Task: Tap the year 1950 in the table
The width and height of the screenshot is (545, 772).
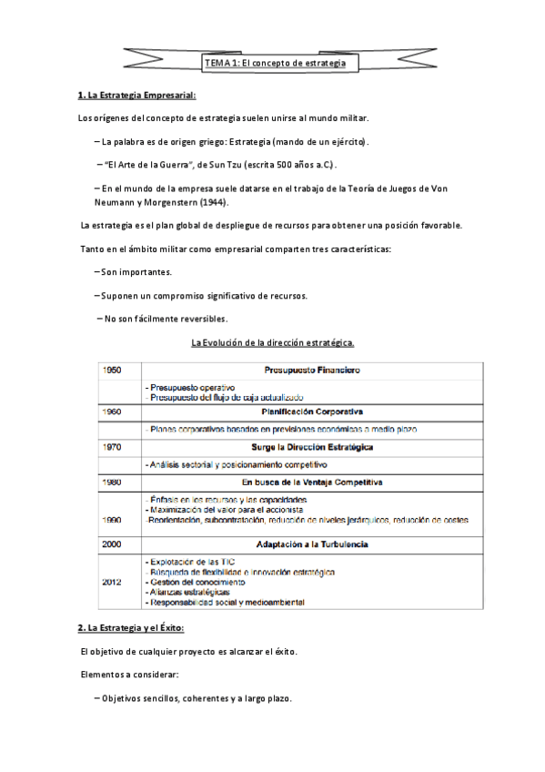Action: coord(113,371)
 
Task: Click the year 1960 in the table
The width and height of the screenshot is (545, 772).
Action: coord(113,411)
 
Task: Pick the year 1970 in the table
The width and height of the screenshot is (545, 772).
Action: coord(113,447)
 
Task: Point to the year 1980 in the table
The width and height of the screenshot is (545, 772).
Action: coord(113,482)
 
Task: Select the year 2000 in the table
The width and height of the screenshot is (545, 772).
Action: coord(113,543)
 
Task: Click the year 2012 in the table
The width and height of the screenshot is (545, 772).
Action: coord(113,582)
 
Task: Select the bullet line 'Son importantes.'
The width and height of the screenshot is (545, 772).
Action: coord(136,272)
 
